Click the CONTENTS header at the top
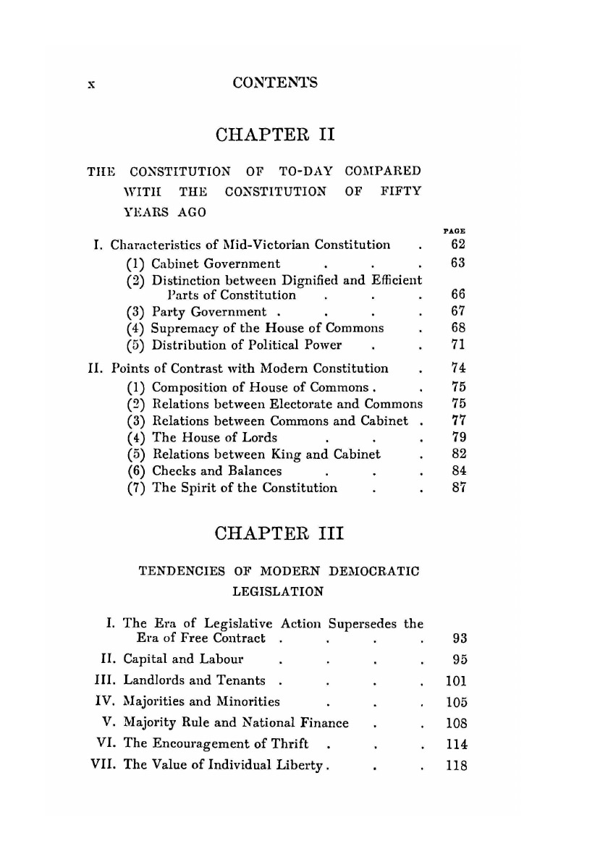[x=275, y=83]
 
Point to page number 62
[x=456, y=246]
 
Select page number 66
[x=456, y=295]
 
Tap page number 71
[x=456, y=345]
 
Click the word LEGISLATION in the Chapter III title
[x=277, y=591]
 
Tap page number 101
[x=456, y=680]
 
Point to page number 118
[x=457, y=764]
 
